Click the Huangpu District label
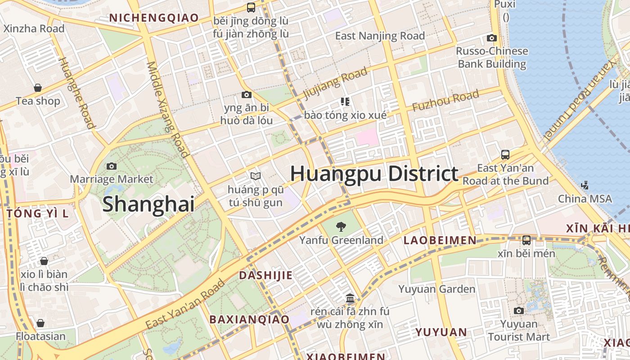click(x=374, y=174)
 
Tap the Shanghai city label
click(x=148, y=204)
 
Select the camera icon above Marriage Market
click(x=112, y=166)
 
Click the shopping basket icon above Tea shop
click(x=38, y=88)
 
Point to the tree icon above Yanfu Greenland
click(x=342, y=227)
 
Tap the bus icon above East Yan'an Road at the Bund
click(x=505, y=155)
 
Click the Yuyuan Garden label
click(x=436, y=289)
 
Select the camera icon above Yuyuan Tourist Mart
click(x=519, y=310)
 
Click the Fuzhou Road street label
click(x=445, y=101)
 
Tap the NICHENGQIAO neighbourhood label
click(x=154, y=18)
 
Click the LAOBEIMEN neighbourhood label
click(x=440, y=240)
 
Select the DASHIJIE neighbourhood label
click(x=265, y=275)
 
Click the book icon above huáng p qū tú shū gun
click(x=256, y=176)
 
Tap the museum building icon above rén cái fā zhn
click(x=350, y=298)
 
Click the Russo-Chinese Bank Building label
click(x=492, y=58)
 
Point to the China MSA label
click(x=585, y=199)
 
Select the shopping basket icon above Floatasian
click(x=40, y=323)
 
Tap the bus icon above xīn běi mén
click(x=526, y=240)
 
